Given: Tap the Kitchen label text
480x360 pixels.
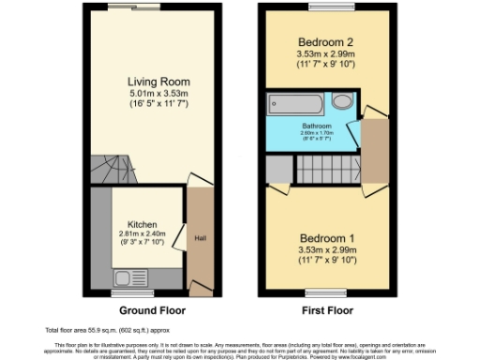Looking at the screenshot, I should click(142, 225).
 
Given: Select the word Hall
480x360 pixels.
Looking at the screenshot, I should click(200, 237).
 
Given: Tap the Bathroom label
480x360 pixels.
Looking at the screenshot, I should click(316, 125).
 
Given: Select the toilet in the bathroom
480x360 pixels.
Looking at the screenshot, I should click(342, 101).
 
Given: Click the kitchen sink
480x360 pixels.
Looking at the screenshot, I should click(124, 277).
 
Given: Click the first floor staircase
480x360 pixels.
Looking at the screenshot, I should click(327, 170).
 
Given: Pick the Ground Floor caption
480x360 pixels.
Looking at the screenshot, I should click(153, 310).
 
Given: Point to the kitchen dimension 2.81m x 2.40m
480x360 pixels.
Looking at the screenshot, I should click(142, 237).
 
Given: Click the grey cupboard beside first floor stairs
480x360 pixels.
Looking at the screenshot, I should click(278, 170).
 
